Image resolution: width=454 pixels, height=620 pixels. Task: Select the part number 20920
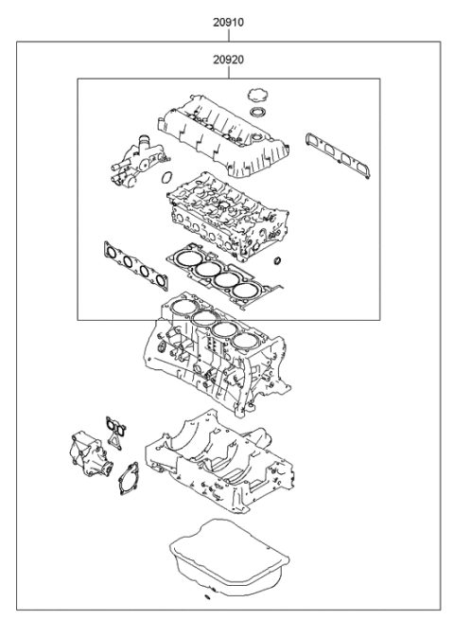[227, 59]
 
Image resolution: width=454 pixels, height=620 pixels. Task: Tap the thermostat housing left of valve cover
[130, 156]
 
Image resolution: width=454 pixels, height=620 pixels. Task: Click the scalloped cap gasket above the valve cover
[253, 93]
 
